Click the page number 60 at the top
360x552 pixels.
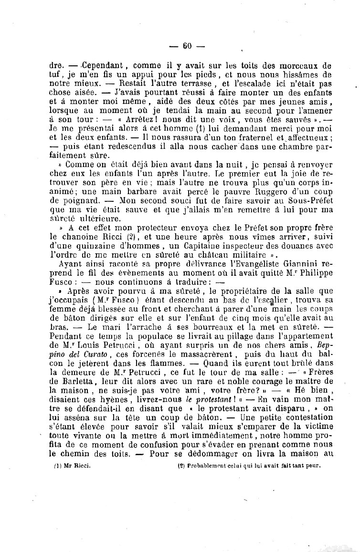tap(187, 46)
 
